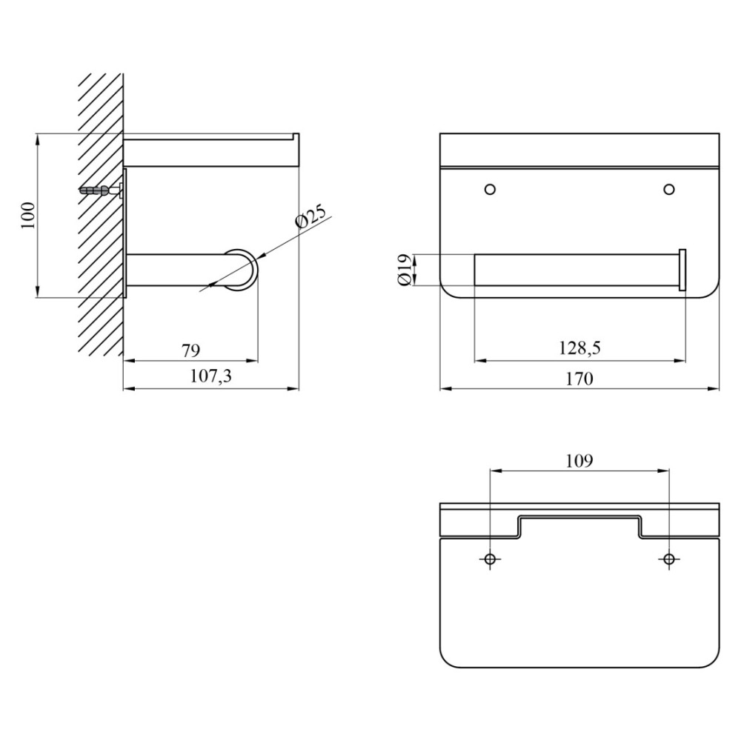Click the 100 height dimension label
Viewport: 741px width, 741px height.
pos(28,216)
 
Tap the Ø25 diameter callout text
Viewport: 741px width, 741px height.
pos(310,217)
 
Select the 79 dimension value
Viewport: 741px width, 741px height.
pos(191,350)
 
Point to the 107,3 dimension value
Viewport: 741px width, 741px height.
pos(210,376)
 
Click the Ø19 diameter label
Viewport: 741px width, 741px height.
pos(405,270)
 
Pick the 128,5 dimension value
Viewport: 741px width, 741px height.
pos(579,348)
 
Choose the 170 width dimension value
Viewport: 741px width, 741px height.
pos(579,379)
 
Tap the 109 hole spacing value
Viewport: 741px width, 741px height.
pos(579,460)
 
